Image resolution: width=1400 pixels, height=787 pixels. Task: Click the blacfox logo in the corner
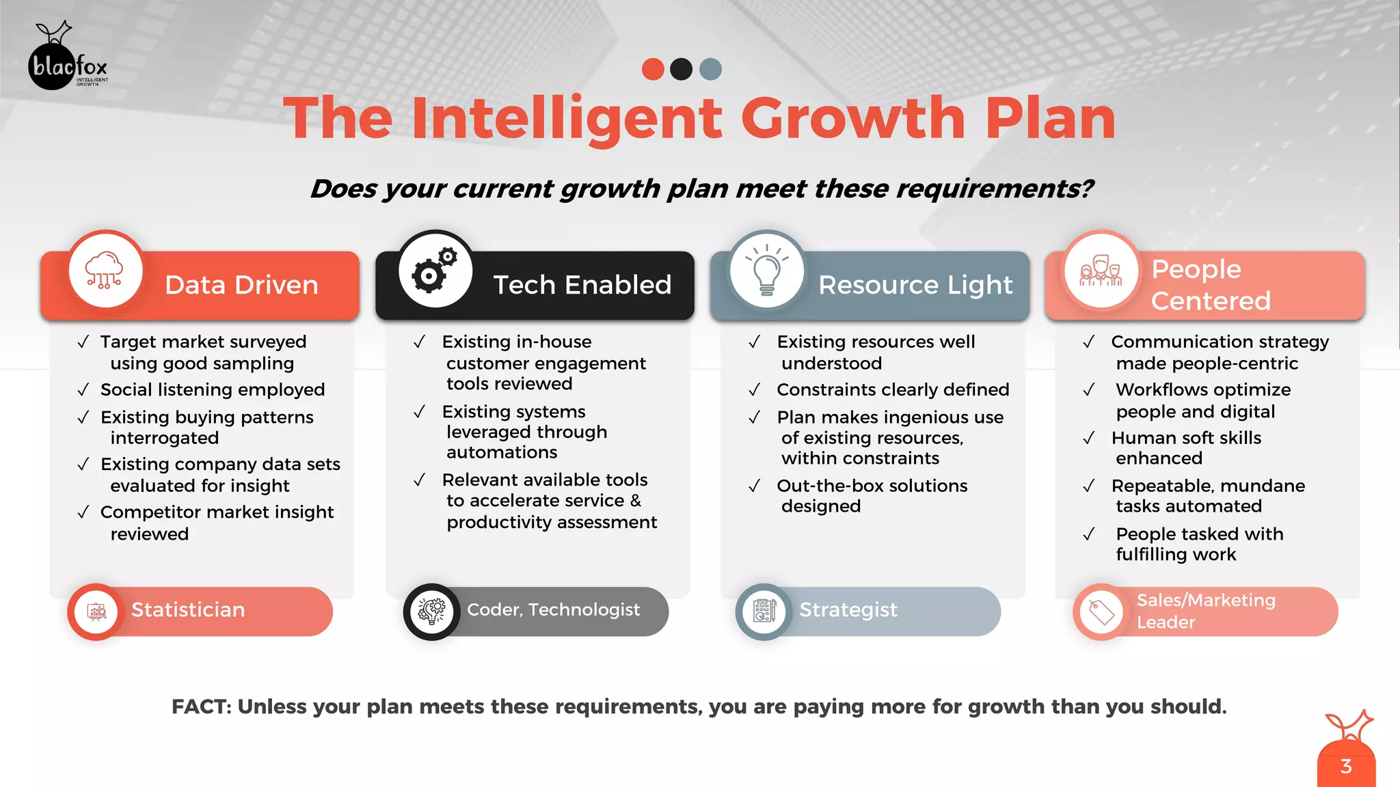click(67, 57)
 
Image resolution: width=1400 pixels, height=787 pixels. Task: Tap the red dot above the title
click(653, 69)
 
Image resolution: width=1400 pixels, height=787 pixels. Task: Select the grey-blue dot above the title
click(710, 69)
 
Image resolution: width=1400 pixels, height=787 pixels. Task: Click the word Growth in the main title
click(853, 118)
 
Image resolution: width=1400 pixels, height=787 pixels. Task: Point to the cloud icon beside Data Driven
click(105, 271)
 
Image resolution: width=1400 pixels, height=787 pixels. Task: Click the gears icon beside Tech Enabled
click(435, 271)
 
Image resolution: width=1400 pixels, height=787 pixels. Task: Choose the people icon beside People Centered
click(1100, 271)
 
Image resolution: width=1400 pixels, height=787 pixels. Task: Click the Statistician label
click(188, 609)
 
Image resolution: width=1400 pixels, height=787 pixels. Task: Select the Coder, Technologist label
click(553, 609)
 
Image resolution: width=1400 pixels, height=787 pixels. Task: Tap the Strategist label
click(848, 609)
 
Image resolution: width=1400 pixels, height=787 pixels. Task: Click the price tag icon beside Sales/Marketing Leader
click(1101, 612)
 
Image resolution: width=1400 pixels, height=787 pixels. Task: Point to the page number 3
click(1345, 767)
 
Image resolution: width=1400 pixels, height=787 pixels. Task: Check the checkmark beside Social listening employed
click(83, 390)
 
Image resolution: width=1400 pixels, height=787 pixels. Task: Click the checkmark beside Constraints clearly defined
click(754, 390)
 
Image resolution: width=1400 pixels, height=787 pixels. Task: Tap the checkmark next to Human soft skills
click(1089, 438)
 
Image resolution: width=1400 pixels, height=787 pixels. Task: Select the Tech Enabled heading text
click(582, 285)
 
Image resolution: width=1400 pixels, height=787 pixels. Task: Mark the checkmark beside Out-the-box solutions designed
click(754, 486)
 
